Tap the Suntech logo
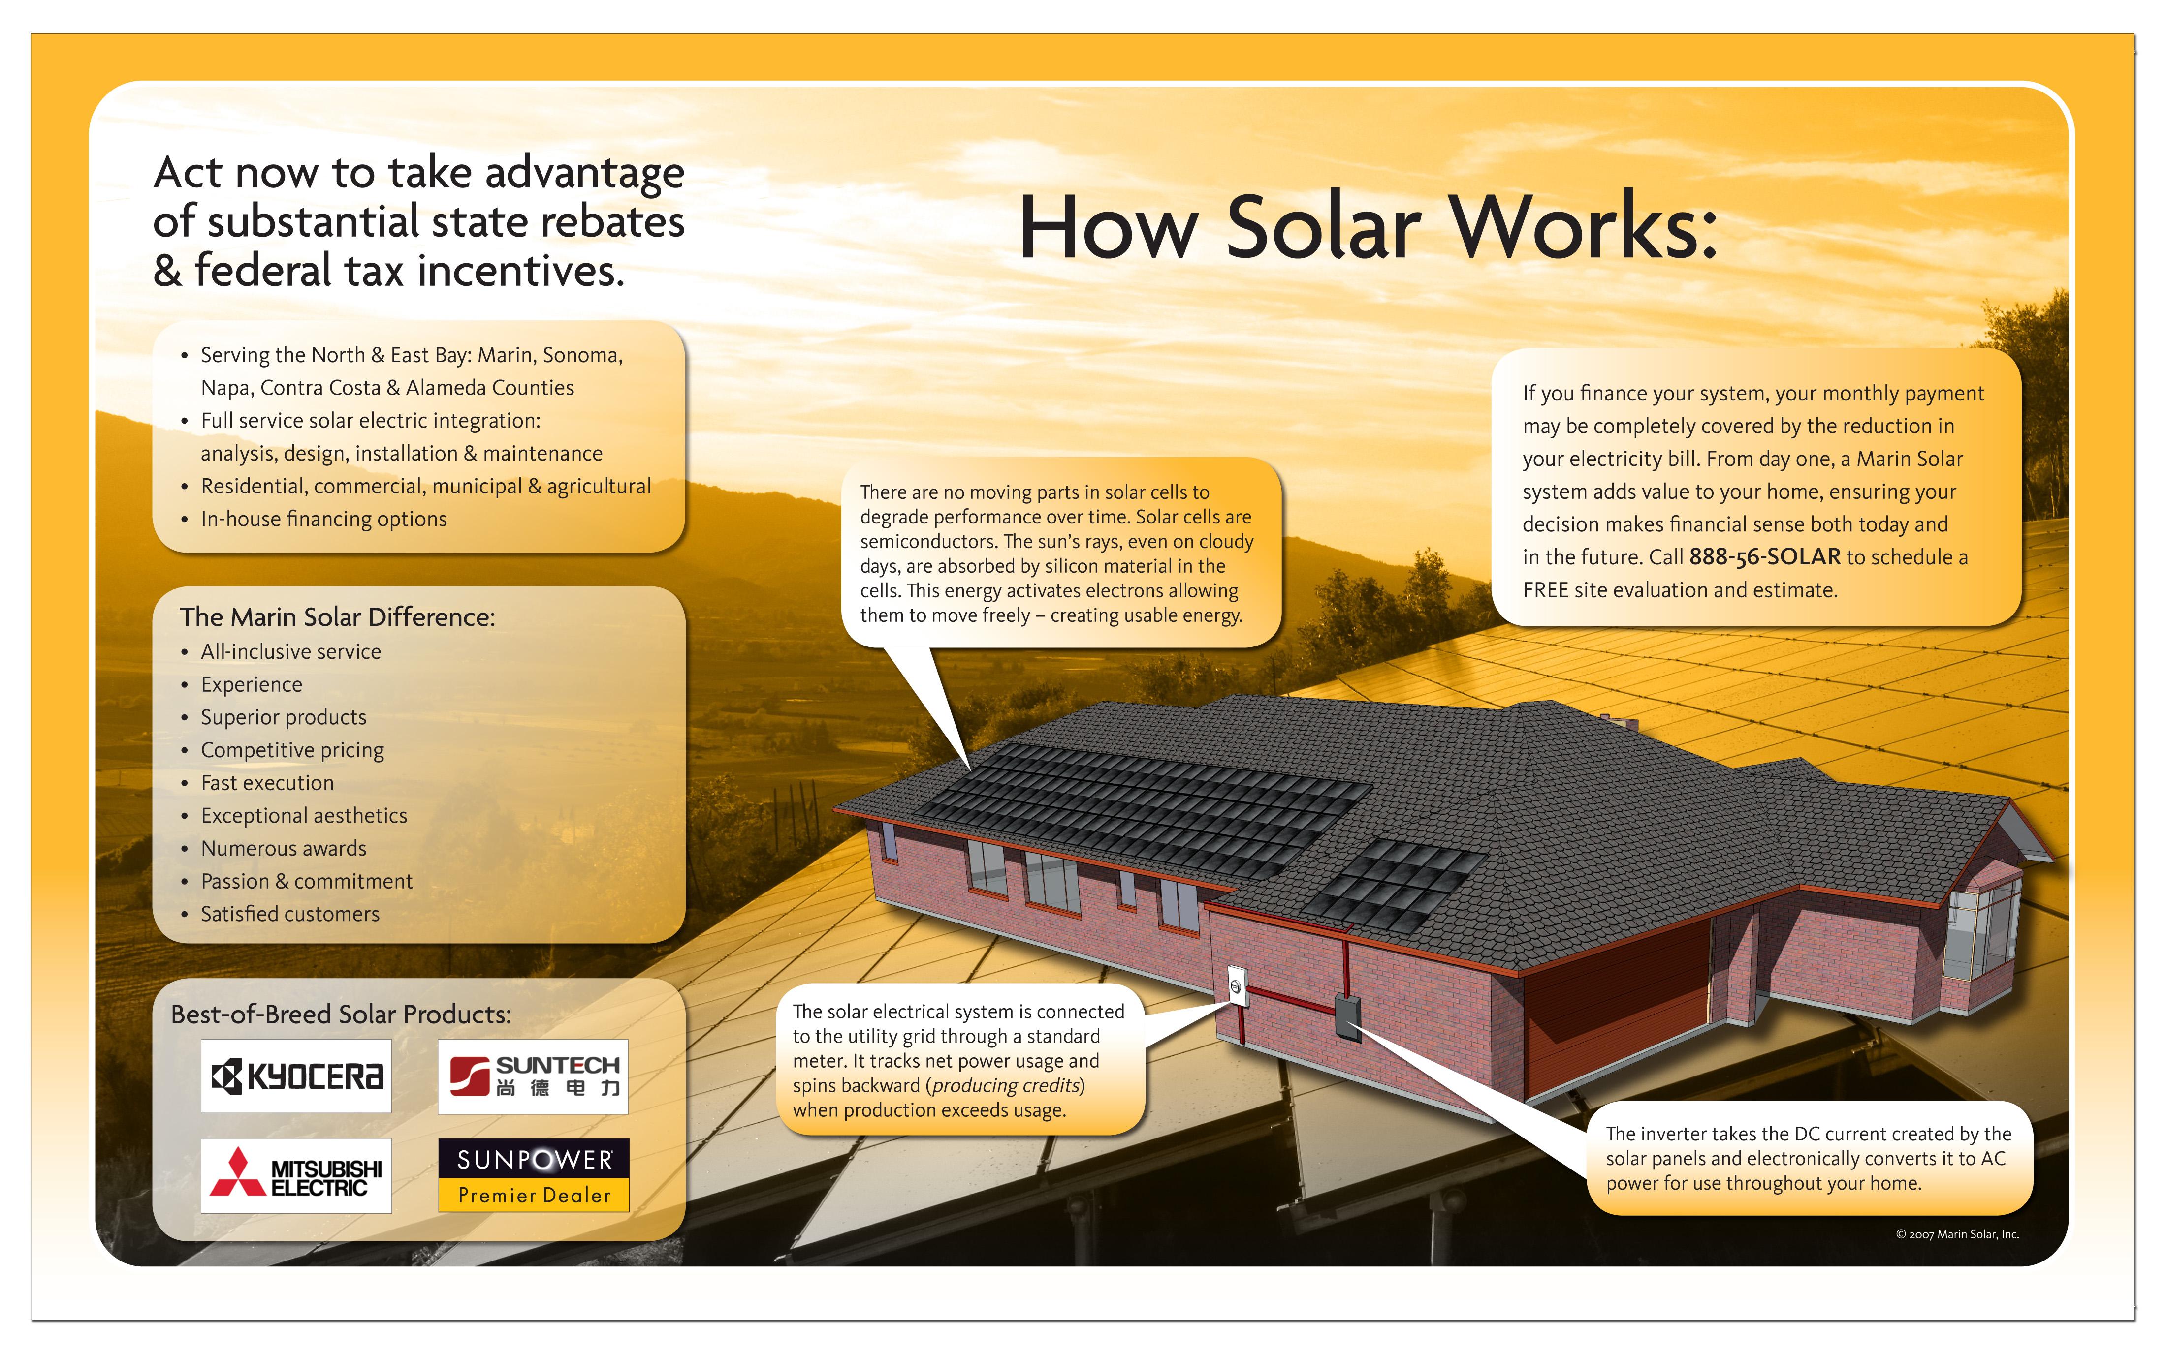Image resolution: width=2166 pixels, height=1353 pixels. (534, 1076)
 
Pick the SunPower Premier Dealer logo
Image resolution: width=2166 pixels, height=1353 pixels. (534, 1175)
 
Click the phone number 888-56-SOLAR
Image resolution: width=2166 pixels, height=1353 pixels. (1764, 556)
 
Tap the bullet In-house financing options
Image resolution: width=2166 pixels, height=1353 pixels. (323, 519)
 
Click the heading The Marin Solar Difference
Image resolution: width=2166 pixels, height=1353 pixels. (337, 616)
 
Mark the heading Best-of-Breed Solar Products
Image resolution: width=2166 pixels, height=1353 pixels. (341, 1014)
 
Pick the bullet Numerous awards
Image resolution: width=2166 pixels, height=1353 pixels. (284, 848)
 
